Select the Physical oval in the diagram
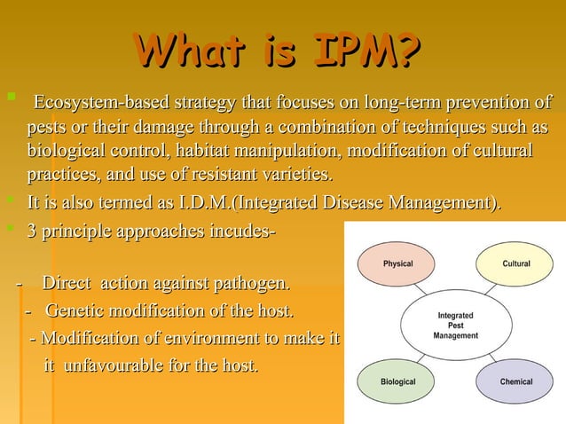(x=397, y=264)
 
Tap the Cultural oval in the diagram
(x=516, y=264)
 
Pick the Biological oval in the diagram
(x=397, y=382)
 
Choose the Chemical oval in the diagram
(x=516, y=382)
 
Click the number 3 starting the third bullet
(x=32, y=232)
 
